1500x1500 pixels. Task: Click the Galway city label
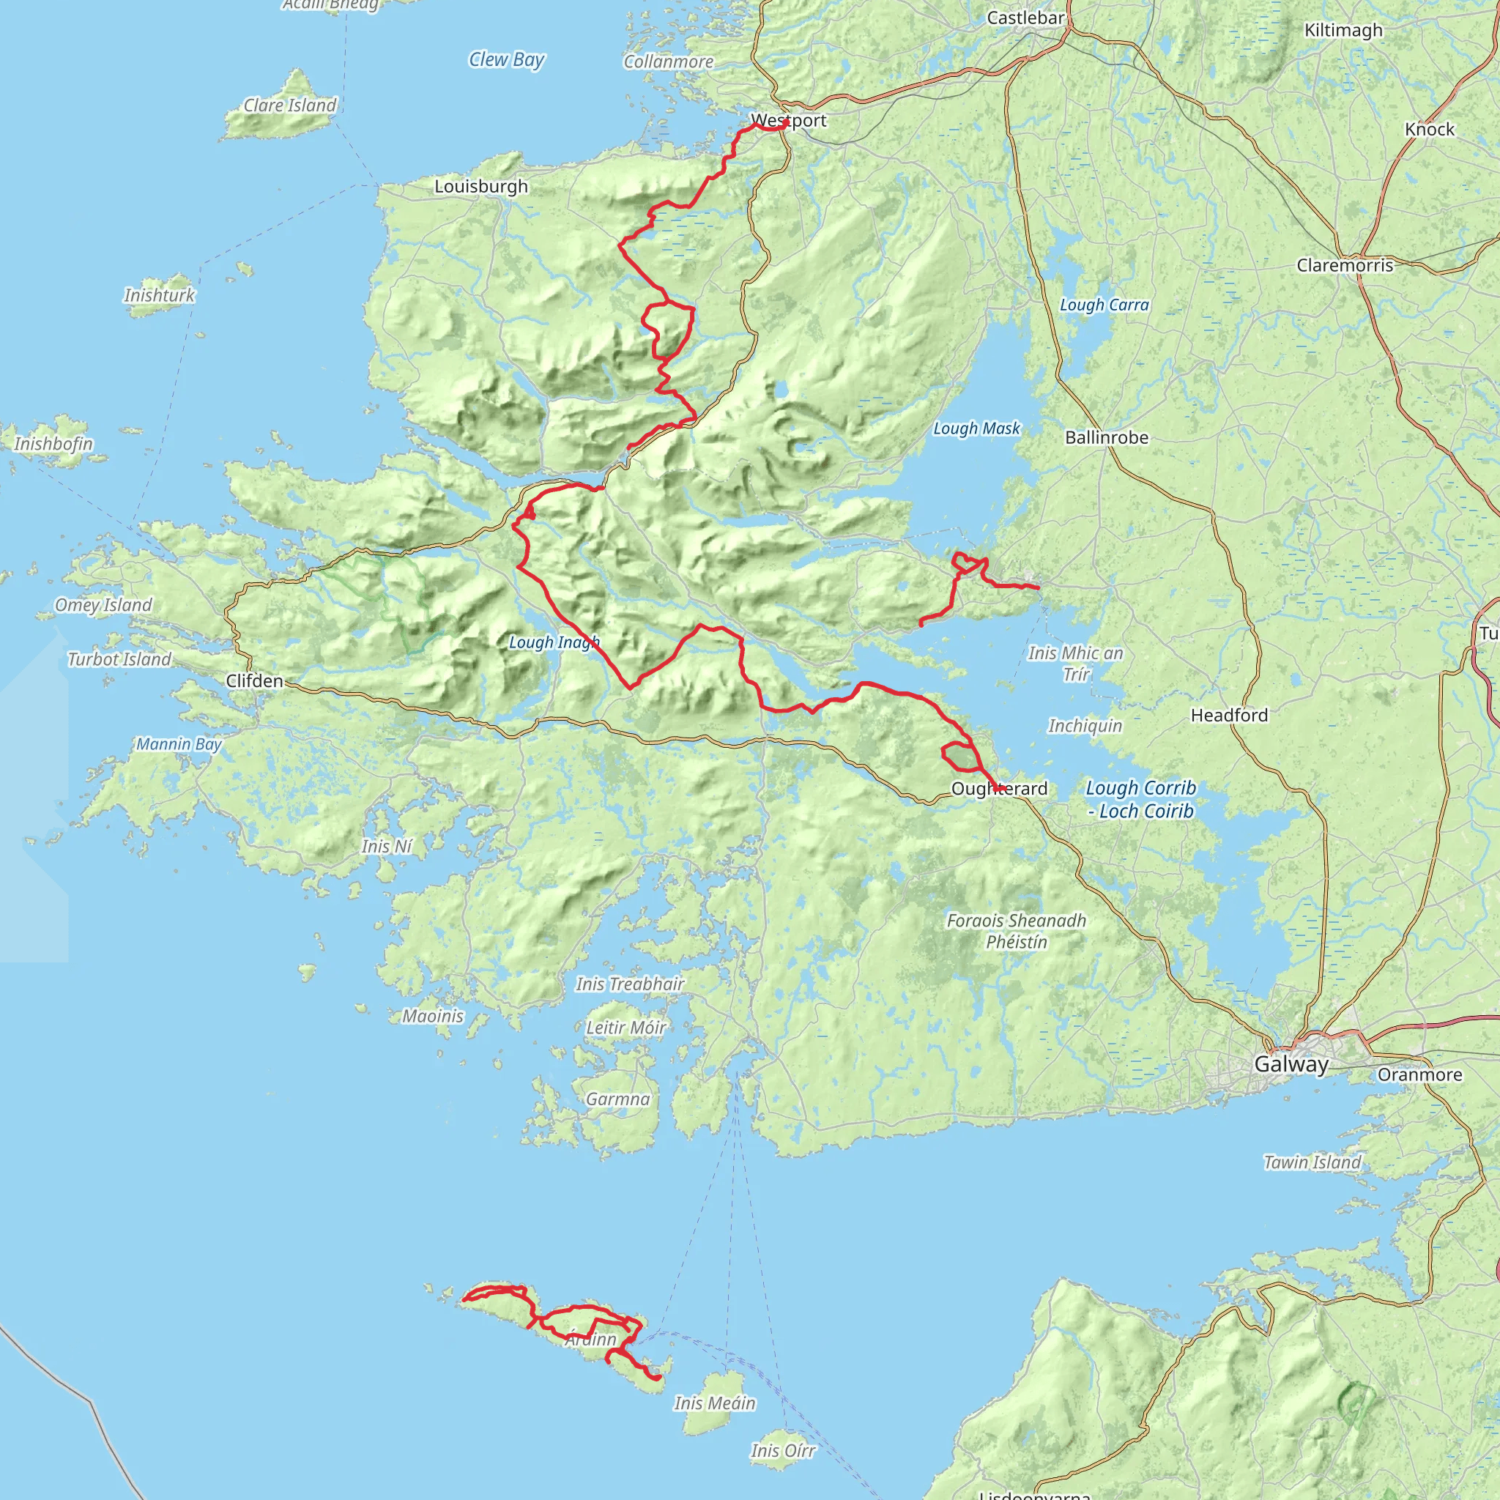point(1291,1063)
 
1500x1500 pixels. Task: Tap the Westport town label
point(789,120)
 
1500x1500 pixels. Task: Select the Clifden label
point(255,681)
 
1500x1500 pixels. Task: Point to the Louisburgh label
point(480,186)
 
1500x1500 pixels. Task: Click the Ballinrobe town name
point(1107,438)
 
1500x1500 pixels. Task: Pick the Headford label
point(1229,715)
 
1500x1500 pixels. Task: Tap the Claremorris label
point(1345,266)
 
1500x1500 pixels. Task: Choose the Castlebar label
point(1025,18)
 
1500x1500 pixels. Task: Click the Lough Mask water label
point(976,428)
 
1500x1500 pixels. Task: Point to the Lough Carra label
point(1104,305)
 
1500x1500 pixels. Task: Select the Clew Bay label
point(506,60)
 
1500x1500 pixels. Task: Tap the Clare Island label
point(289,105)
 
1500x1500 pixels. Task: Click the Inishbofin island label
point(53,444)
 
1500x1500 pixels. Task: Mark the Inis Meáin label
point(714,1403)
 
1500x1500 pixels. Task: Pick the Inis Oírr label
point(783,1450)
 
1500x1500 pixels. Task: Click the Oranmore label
point(1419,1074)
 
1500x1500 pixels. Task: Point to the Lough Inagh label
point(554,642)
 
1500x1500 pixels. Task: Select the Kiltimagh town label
point(1343,30)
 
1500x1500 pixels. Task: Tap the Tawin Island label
point(1312,1162)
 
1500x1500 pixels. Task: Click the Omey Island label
point(103,605)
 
